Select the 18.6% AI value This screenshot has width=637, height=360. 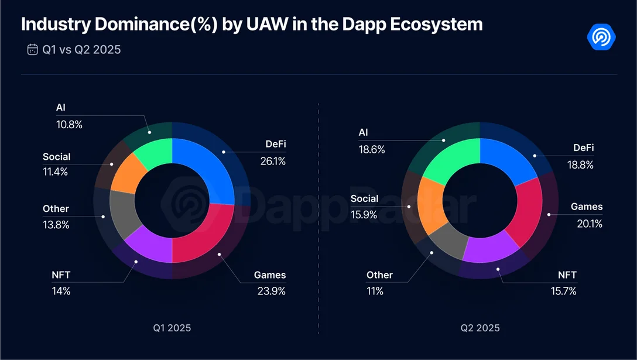pos(372,149)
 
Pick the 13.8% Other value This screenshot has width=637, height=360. pos(56,224)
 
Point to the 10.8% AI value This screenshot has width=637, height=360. pos(69,124)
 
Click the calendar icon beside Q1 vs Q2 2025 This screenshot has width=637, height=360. pos(32,50)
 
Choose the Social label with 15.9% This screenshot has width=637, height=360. pos(364,199)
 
